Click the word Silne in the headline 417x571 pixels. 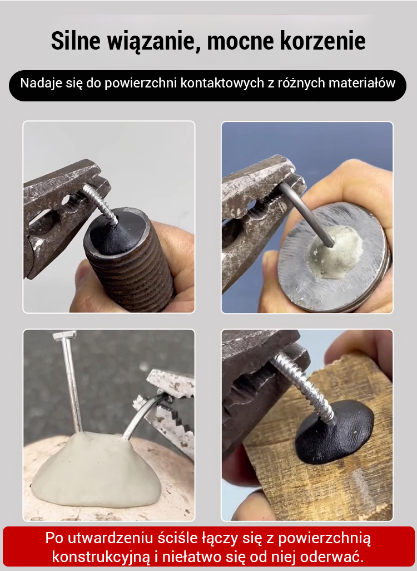tap(75, 41)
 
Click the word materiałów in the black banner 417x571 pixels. tap(362, 83)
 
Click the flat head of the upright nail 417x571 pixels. tap(64, 335)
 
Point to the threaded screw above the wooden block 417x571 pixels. tap(305, 388)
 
